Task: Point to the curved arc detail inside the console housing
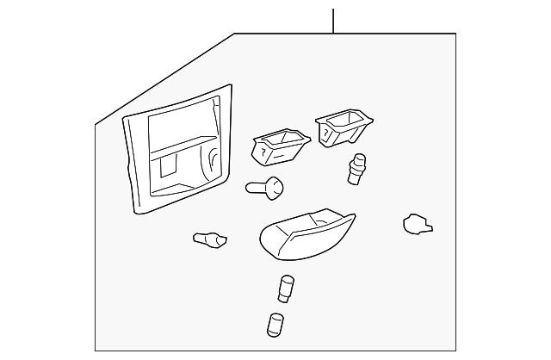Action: (x=210, y=162)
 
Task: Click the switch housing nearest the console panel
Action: (x=276, y=146)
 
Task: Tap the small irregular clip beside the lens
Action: (x=417, y=225)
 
